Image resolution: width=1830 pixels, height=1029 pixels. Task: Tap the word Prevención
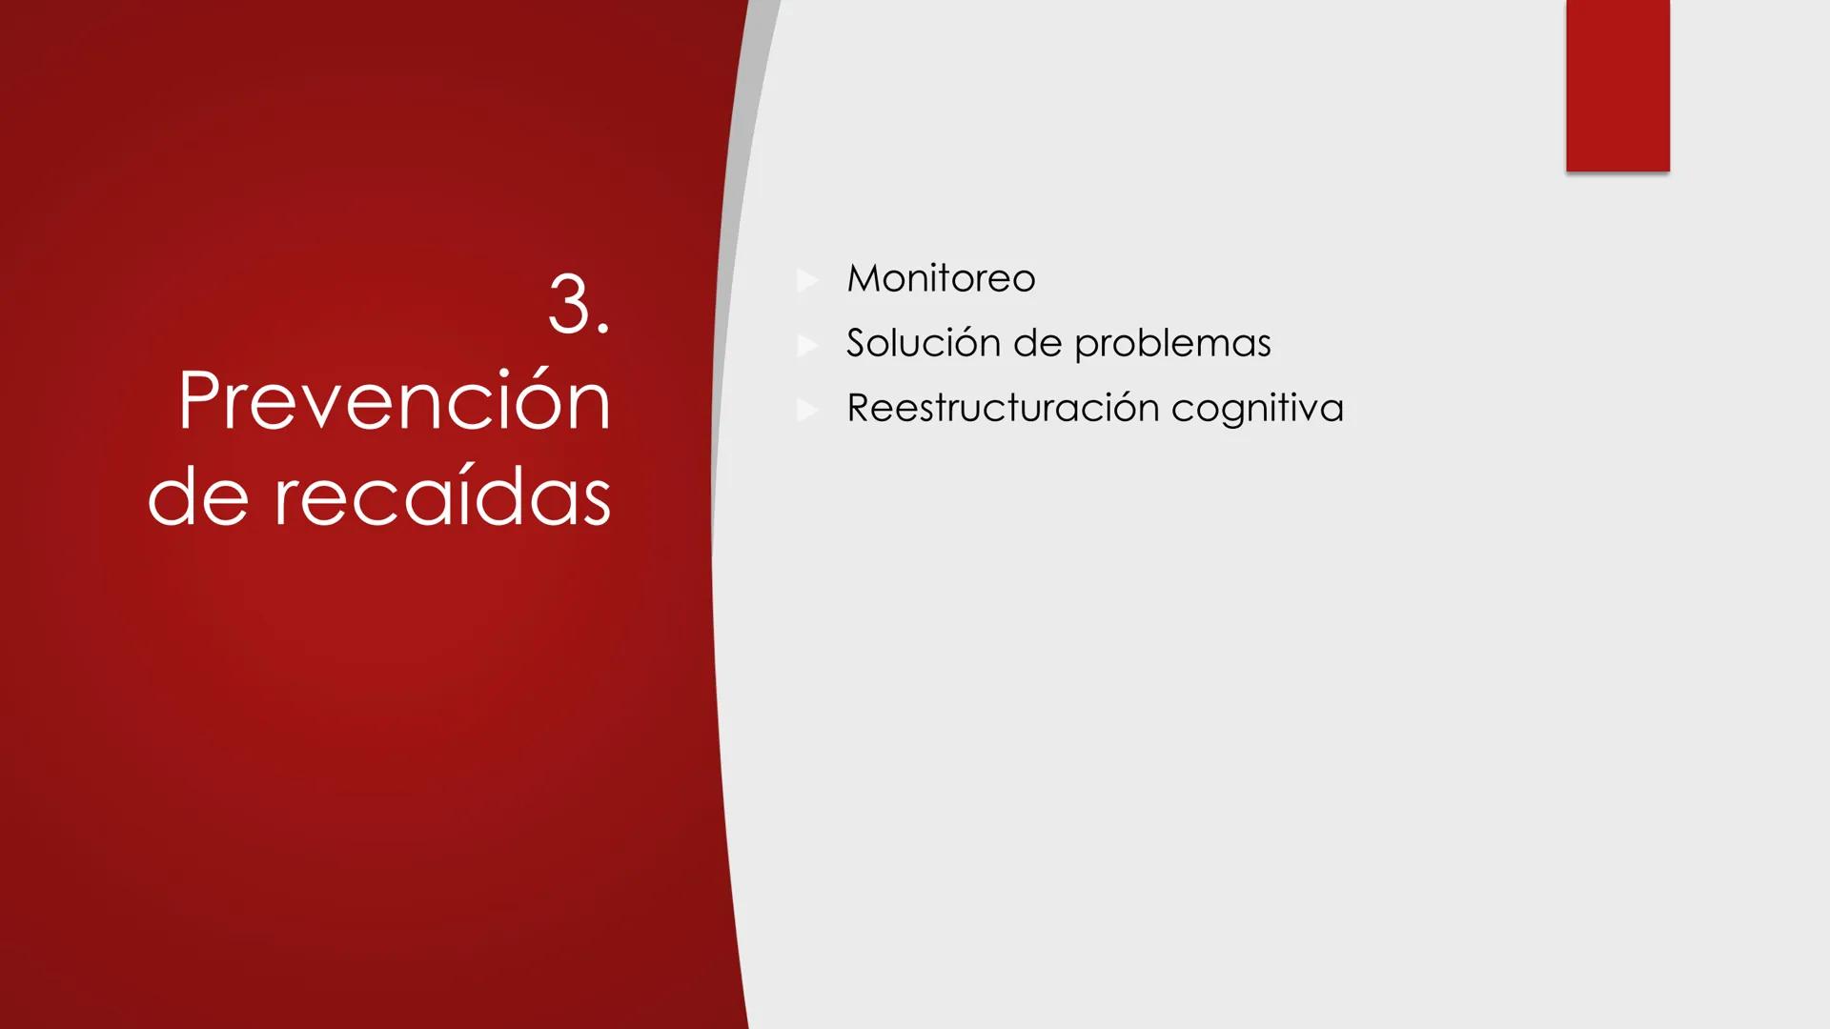(394, 402)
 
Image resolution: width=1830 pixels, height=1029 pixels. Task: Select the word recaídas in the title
(442, 497)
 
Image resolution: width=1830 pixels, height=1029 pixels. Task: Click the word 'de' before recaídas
(198, 499)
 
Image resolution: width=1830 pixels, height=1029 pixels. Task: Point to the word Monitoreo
(940, 279)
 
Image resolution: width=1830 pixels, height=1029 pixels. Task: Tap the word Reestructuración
(1002, 408)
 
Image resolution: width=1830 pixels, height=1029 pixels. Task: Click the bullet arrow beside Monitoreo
(807, 280)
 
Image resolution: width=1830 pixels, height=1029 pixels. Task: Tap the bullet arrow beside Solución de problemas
(807, 345)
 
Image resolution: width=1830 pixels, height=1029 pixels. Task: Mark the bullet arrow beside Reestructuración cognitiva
(807, 410)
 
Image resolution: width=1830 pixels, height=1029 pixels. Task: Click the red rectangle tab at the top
(1617, 86)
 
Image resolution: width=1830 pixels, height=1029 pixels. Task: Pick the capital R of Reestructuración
(861, 408)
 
